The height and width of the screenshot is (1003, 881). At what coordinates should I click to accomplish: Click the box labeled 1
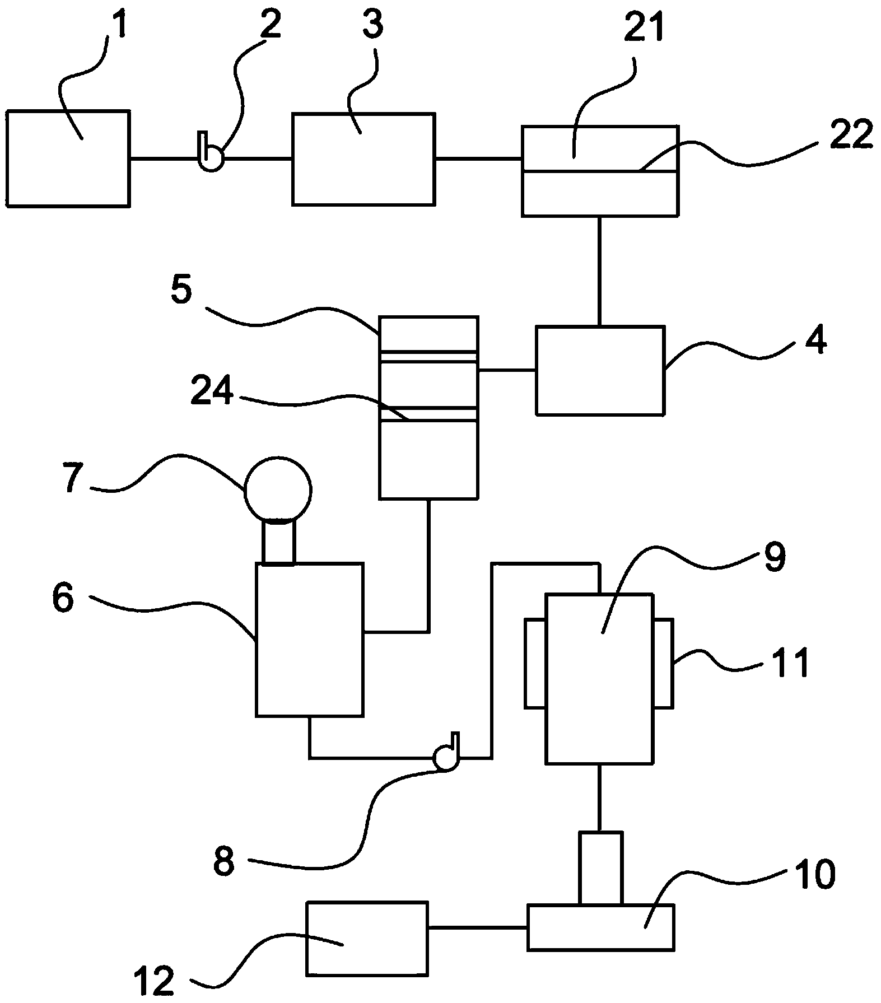(68, 158)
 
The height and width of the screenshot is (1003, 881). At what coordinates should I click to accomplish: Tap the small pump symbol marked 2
(211, 158)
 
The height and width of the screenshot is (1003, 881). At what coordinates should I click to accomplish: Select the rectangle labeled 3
(363, 159)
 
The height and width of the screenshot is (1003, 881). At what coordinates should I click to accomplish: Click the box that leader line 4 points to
(600, 370)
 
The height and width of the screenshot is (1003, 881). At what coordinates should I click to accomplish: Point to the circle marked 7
(278, 489)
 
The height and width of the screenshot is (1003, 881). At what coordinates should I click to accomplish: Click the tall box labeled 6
(309, 639)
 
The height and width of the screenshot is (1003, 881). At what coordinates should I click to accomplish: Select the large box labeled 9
(599, 678)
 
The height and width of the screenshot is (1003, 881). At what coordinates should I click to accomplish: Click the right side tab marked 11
(663, 663)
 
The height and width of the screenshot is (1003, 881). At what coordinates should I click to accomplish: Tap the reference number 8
(223, 861)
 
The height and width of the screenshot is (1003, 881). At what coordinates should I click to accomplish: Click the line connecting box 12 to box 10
(477, 927)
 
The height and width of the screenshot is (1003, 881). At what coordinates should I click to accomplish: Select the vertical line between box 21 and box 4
(599, 271)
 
